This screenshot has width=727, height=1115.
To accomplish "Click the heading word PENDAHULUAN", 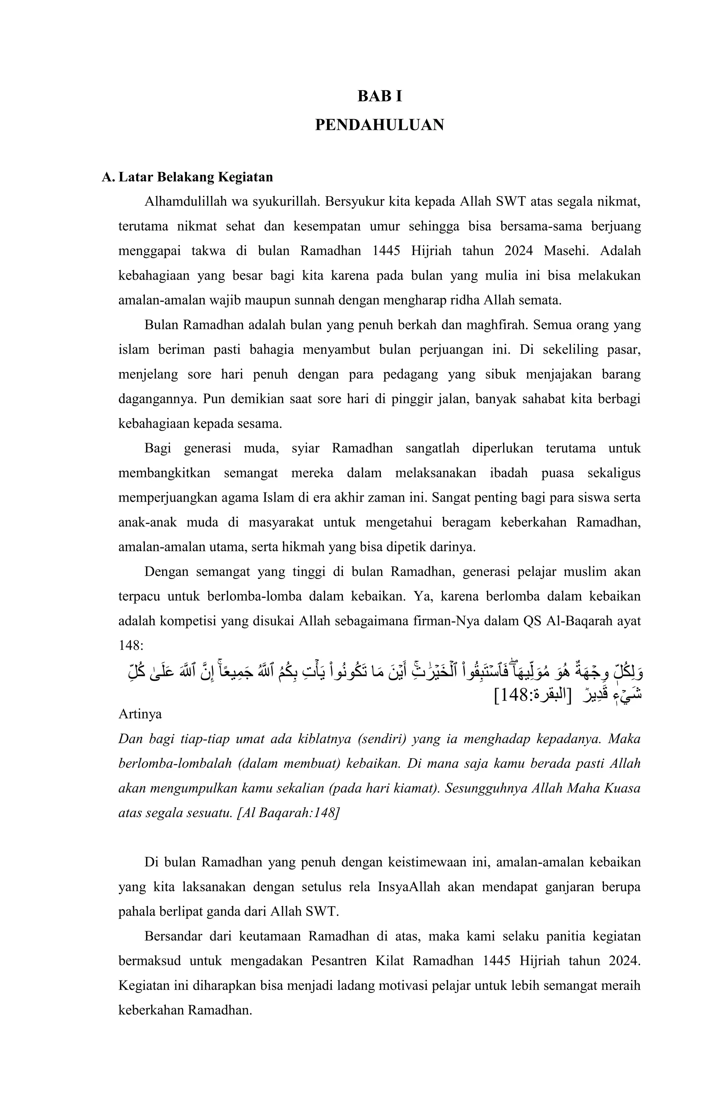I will point(379,125).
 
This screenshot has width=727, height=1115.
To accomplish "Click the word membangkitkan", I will point(164,473).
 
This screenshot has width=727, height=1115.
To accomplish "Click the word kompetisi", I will point(189,621).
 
